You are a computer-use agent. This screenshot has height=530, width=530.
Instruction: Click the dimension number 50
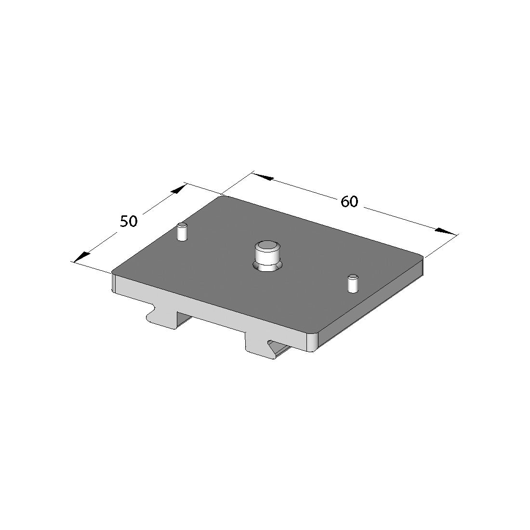(129, 222)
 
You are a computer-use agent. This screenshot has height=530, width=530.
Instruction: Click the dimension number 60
(349, 202)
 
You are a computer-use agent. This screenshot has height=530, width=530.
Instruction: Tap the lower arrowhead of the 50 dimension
(81, 258)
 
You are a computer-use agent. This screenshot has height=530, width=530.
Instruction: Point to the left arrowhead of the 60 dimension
(263, 177)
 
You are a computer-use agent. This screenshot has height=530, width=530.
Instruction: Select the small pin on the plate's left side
(182, 232)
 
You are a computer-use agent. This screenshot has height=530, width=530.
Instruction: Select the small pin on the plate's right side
(353, 283)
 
